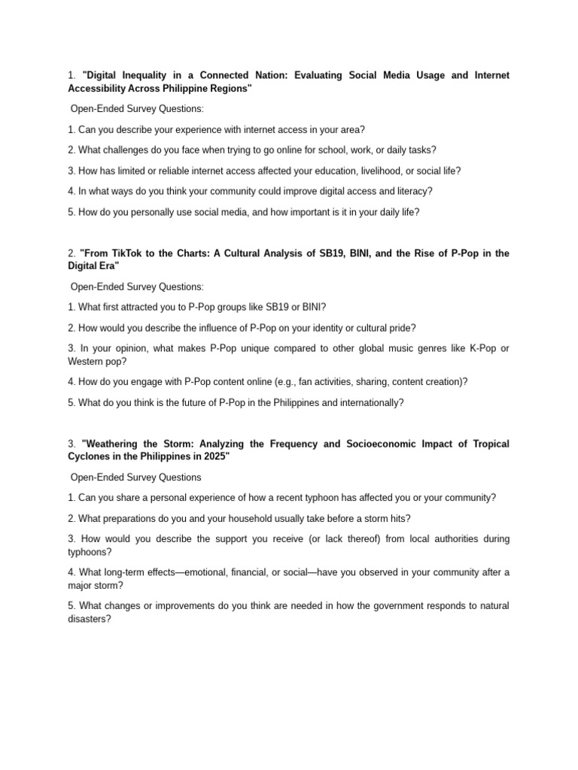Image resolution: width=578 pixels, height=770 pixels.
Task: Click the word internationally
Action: tap(368, 402)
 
